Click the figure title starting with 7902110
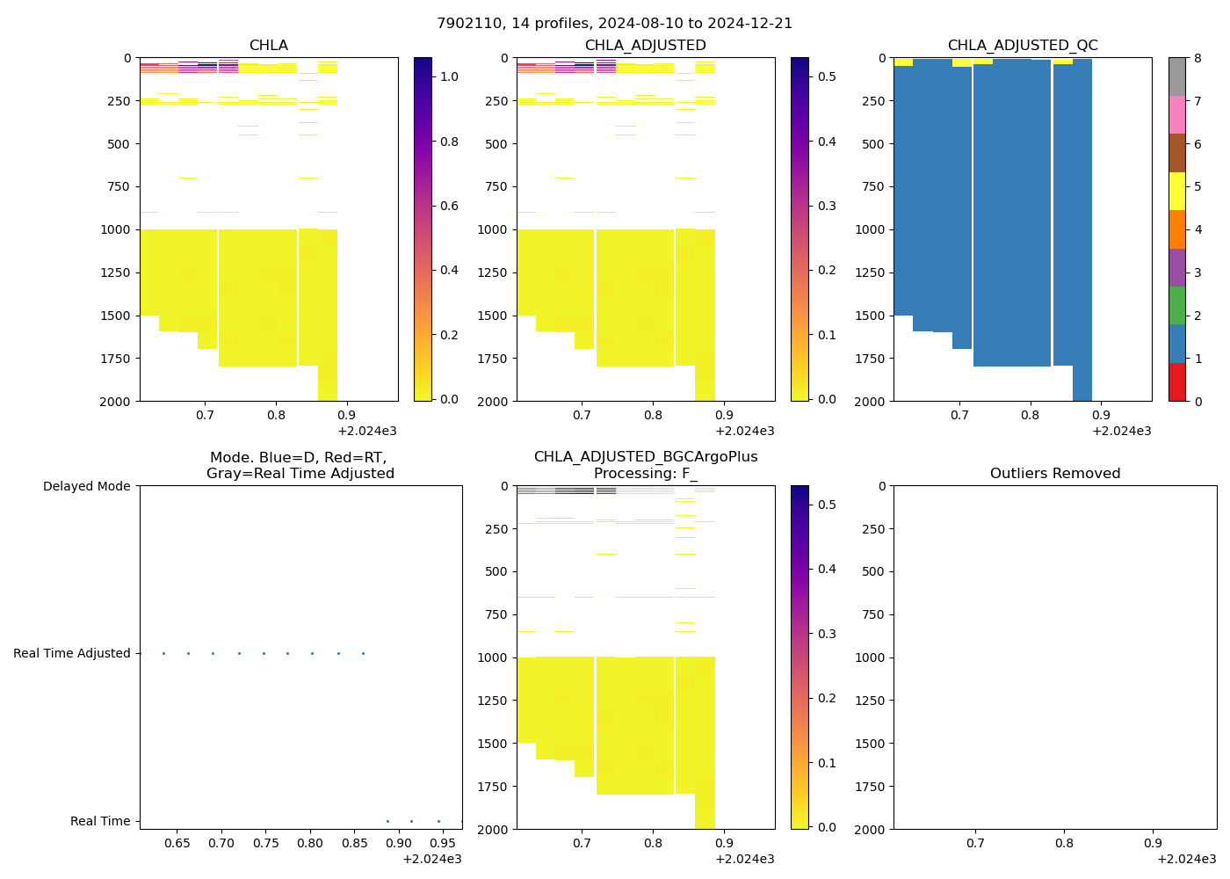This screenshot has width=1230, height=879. (614, 23)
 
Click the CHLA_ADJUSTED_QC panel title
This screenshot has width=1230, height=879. (1023, 45)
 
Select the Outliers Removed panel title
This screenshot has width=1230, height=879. (1054, 473)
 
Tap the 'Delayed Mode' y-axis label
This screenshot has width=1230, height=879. (86, 486)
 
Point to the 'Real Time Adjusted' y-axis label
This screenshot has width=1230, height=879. (71, 653)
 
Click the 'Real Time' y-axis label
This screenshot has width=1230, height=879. (100, 821)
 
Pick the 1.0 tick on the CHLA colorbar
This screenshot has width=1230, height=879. (449, 76)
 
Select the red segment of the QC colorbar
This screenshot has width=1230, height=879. (1176, 381)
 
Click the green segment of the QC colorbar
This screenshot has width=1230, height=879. (1176, 305)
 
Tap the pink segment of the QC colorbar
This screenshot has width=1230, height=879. (1176, 114)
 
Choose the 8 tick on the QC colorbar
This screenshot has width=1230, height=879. (1197, 58)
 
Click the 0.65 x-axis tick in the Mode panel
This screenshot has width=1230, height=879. (177, 843)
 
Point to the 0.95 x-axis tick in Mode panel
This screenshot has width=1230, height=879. (443, 843)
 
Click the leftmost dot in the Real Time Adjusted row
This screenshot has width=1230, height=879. (163, 653)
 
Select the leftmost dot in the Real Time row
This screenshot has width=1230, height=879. (387, 821)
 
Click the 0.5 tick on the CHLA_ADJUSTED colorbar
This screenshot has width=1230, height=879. (827, 76)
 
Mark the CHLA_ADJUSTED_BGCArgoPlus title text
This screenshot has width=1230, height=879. (645, 457)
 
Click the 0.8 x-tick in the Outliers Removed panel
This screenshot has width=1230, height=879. (1064, 843)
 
